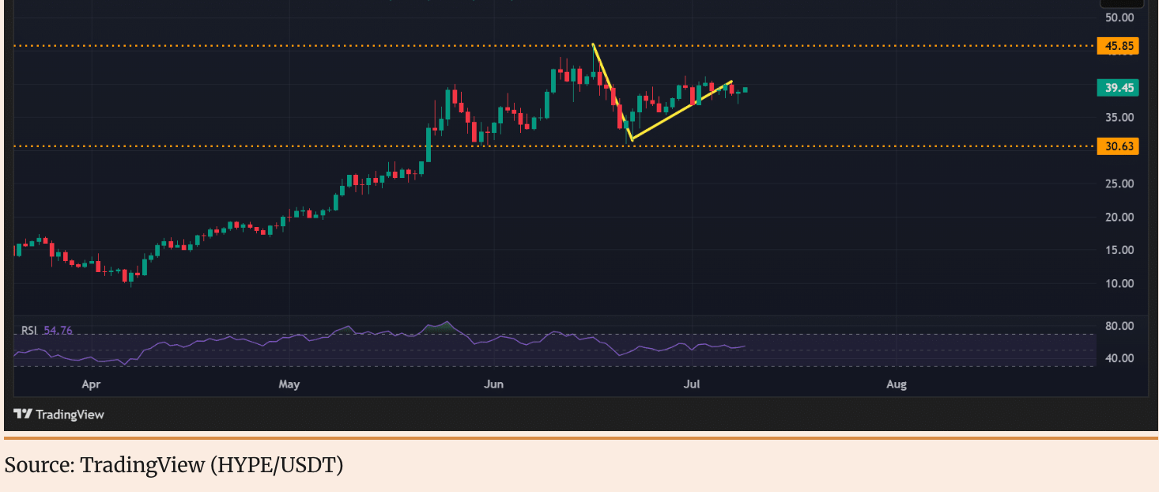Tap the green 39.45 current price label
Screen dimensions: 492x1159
tap(1119, 88)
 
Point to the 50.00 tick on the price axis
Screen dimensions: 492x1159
tap(1119, 17)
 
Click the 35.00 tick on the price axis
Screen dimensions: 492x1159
tap(1119, 117)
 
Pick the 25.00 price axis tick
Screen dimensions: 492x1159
tap(1119, 184)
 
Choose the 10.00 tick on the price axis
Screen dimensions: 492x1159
tap(1119, 283)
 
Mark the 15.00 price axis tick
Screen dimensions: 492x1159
tap(1119, 250)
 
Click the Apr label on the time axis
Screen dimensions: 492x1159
tap(91, 384)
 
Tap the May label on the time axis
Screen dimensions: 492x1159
tap(289, 384)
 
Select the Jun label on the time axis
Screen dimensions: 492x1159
tap(493, 384)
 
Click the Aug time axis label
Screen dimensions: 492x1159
tap(896, 384)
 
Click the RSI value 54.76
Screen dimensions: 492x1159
tap(58, 331)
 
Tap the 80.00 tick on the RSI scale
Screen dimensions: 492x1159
tap(1119, 326)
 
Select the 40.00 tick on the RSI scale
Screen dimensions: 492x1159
tap(1119, 358)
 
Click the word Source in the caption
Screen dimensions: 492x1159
tap(37, 465)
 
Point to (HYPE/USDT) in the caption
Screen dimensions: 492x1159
tap(277, 465)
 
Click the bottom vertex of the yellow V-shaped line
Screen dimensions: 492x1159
tap(631, 141)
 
